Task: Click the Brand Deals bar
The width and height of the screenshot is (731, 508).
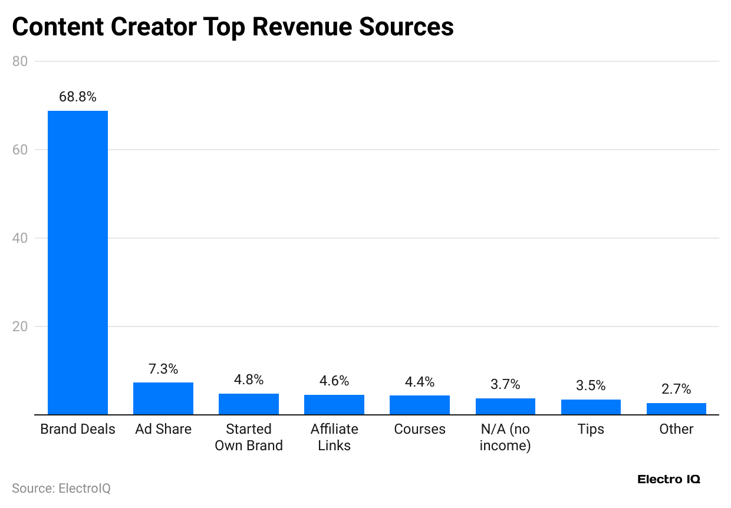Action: click(x=78, y=263)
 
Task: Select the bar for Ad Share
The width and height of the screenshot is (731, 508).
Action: click(x=163, y=399)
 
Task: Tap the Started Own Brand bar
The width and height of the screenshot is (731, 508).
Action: click(x=249, y=404)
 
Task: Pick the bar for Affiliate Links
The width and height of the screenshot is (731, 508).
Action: click(x=334, y=405)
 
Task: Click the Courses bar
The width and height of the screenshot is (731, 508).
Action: click(x=420, y=405)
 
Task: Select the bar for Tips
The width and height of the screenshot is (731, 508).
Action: click(x=591, y=407)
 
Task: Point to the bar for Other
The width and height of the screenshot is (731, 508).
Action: click(x=676, y=409)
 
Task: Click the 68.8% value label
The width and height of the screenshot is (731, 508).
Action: click(x=78, y=97)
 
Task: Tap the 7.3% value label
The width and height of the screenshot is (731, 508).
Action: click(x=163, y=369)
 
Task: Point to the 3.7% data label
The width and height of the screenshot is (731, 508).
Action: click(x=505, y=384)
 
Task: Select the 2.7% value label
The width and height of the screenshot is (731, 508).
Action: click(x=676, y=389)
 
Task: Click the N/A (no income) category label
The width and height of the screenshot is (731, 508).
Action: click(x=505, y=437)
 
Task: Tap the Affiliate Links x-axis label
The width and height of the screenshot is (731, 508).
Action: click(x=334, y=437)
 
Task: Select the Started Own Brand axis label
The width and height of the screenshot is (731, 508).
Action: click(x=249, y=437)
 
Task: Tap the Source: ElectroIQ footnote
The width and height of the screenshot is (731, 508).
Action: click(x=61, y=489)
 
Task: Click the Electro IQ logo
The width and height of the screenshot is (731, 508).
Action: click(x=669, y=479)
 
